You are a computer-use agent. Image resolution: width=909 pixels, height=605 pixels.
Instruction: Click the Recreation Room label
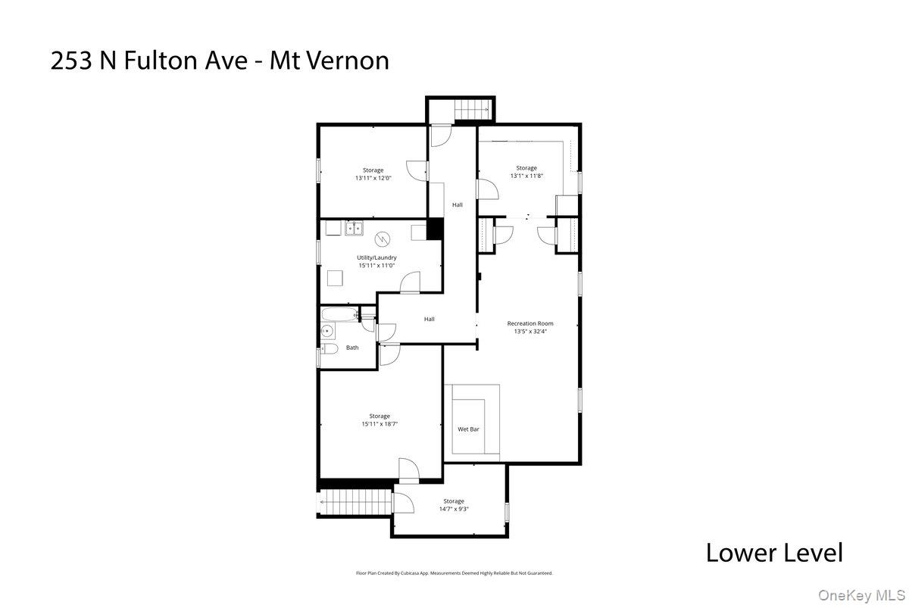529,323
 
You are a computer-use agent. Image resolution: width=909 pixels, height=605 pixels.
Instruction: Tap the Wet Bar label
468,429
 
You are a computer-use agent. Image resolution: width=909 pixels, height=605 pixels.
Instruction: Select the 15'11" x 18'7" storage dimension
380,424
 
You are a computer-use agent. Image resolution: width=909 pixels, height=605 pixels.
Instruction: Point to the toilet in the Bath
328,348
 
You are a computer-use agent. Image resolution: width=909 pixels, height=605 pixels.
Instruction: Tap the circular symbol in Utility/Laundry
383,239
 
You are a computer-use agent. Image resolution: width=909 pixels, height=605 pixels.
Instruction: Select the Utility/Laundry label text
376,257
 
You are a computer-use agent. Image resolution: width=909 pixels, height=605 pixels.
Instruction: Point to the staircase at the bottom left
355,501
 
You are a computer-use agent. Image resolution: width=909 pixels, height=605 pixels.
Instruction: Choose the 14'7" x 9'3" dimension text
453,509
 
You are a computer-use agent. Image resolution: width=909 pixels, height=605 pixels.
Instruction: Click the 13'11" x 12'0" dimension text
373,178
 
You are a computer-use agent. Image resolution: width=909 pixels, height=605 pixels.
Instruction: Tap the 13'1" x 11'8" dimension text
526,176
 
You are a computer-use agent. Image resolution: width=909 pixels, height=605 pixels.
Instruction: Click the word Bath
352,348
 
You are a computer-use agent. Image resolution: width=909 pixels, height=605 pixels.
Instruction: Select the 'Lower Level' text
773,552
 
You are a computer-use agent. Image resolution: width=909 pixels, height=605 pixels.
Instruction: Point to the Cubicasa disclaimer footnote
454,573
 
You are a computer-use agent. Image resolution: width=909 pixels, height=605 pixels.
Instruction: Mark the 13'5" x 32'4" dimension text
529,332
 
